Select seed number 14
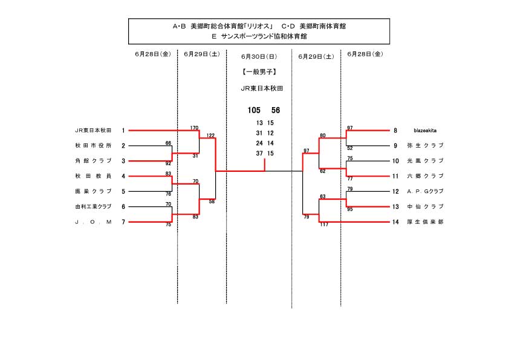(395, 222)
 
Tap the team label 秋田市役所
(93, 145)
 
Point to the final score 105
(254, 111)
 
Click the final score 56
(276, 111)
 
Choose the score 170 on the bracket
(194, 128)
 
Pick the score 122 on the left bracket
(210, 135)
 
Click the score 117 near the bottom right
(325, 225)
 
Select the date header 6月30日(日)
(259, 56)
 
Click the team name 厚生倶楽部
(425, 222)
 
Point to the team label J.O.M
(93, 222)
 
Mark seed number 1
(123, 130)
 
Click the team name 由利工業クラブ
(93, 206)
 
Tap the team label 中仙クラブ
(425, 206)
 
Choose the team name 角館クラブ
(93, 161)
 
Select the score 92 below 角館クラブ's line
(168, 164)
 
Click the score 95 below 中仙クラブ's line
(350, 209)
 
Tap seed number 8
(395, 130)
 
